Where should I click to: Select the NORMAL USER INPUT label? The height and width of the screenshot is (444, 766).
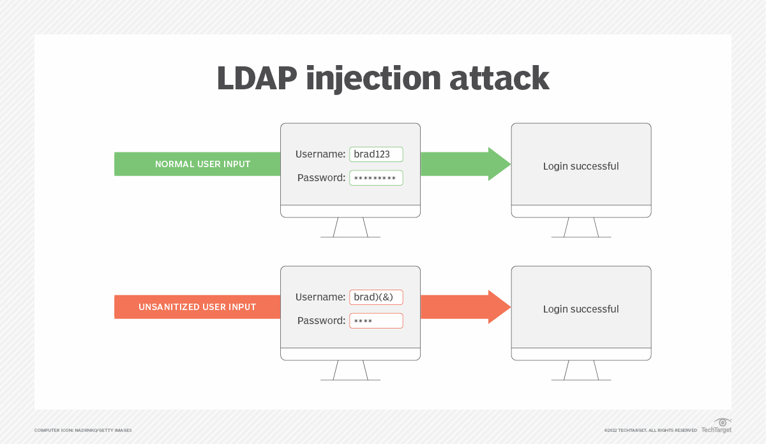pos(202,165)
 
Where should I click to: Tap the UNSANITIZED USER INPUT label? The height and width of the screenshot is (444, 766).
pos(197,307)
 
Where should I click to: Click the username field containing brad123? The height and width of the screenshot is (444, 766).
pos(376,154)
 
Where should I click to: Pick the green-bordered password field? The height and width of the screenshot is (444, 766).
pos(376,178)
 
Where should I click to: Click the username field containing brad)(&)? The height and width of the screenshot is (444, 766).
pos(376,297)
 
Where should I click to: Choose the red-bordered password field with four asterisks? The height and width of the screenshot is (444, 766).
pos(376,321)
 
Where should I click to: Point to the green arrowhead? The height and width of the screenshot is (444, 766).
pos(499,164)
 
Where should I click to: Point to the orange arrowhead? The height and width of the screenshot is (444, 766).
pos(499,307)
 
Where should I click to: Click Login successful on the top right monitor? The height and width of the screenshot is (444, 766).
pos(581,166)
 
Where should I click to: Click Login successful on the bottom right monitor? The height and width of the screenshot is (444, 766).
pos(581,309)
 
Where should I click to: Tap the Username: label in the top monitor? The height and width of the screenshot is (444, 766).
pos(320,154)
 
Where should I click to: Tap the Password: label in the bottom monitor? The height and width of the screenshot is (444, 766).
pos(321,321)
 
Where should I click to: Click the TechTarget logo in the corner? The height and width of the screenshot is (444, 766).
pos(717,426)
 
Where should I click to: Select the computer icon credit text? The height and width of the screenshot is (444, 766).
pos(83,431)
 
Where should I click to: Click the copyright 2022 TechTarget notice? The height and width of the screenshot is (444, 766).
pos(650,431)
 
